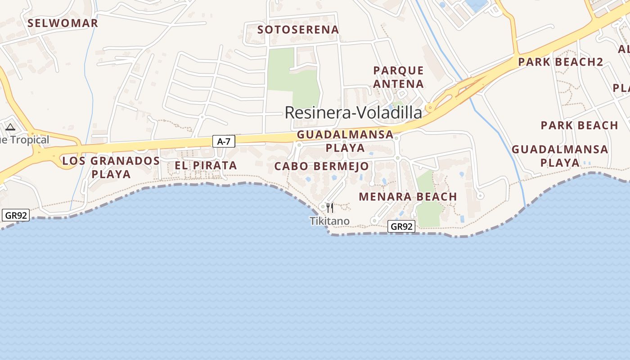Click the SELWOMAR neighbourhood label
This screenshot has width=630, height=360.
pos(63,23)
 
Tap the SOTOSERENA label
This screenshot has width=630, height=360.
pos(298,30)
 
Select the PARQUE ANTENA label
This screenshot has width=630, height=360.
pos(398,77)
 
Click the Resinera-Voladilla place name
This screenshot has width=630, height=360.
pos(353,112)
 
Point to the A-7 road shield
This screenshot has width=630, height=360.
pos(224,142)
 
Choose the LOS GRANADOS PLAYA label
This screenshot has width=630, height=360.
pos(111,167)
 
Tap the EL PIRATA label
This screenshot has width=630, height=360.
pos(206,166)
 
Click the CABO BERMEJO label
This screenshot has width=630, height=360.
pos(321,166)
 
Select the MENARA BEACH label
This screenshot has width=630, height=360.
pos(408,197)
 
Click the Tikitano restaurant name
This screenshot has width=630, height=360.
pos(329,221)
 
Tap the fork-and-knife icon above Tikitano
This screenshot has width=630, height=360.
pos(330,208)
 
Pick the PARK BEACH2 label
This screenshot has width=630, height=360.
pos(560,62)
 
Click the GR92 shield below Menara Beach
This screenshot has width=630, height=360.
pos(401,226)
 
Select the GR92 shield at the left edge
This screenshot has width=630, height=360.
pos(16,216)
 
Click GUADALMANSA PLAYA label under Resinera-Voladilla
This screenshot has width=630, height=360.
pos(345,141)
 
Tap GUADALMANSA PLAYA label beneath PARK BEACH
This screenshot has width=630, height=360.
pos(560,156)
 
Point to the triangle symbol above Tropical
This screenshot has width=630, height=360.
pos(10,127)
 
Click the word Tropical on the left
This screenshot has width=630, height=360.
pos(29,140)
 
